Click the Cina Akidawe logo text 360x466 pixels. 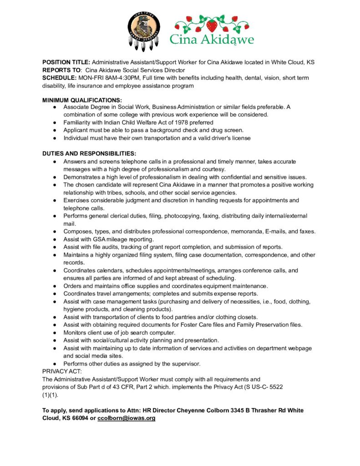coord(212,39)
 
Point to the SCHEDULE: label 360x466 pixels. coord(60,78)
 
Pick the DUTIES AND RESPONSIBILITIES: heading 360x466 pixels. coord(89,153)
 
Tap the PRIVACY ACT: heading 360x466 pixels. coord(61,371)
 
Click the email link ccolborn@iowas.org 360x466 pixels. coord(127,418)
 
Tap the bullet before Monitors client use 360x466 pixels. coord(54,333)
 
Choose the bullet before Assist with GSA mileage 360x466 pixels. coord(54,239)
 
